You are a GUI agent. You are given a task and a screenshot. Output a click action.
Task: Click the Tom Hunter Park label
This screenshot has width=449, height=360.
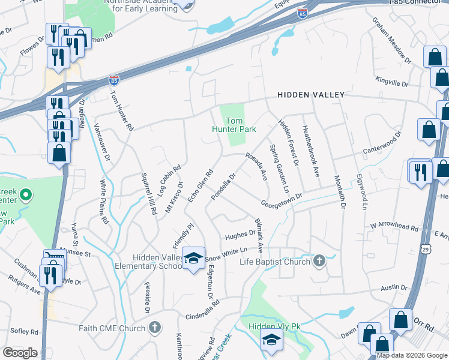[234, 124]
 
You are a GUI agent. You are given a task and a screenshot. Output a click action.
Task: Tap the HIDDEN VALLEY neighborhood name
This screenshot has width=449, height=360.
[311, 95]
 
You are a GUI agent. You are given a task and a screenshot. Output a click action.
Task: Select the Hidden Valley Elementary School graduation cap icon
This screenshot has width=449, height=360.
[193, 258]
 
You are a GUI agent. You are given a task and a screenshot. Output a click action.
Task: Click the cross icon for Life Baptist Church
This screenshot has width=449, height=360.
[319, 261]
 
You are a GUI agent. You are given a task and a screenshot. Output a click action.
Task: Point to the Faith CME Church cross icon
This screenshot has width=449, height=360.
[155, 328]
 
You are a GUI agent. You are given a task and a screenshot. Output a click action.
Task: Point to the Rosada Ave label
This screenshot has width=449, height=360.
[256, 165]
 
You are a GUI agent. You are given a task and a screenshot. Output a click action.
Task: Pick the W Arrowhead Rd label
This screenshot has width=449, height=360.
[393, 227]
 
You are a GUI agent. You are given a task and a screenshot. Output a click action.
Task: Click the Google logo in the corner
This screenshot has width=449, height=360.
[20, 353]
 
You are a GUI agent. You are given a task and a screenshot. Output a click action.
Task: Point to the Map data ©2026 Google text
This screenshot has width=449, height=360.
[412, 355]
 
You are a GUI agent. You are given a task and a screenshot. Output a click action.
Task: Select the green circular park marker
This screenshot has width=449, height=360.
[25, 195]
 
